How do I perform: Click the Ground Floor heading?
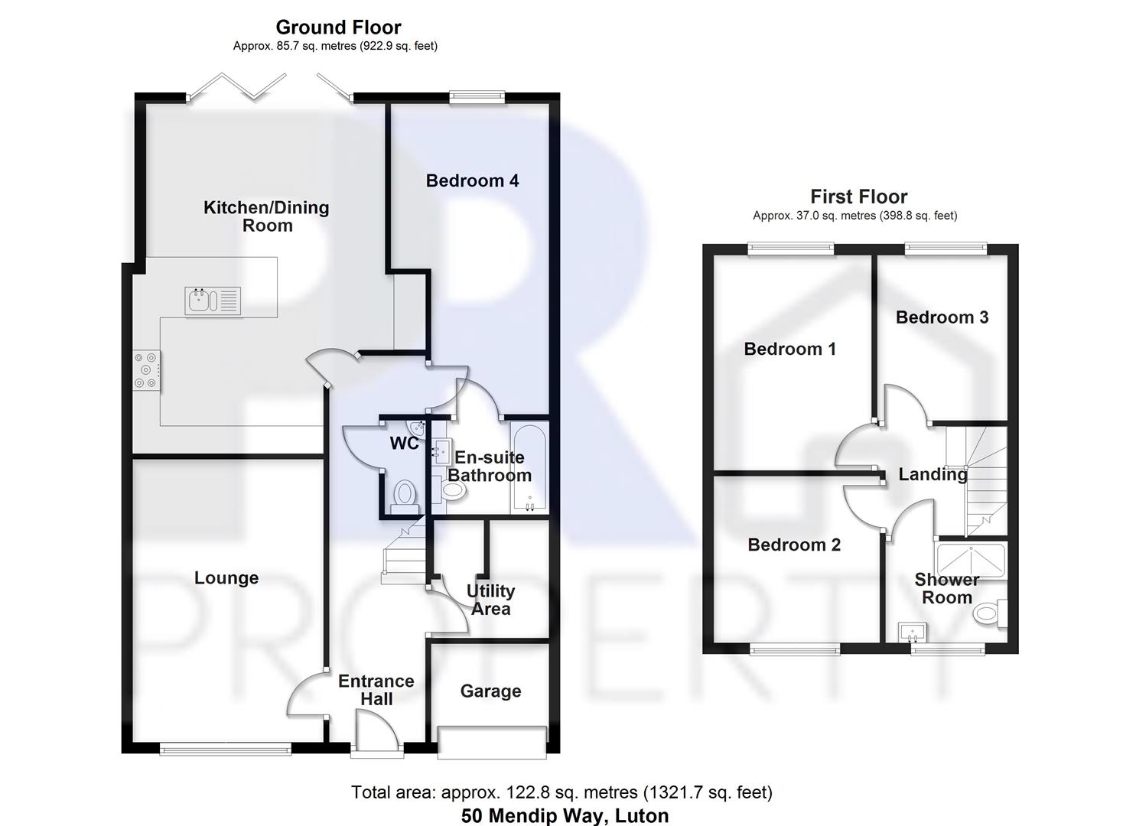tap(338, 28)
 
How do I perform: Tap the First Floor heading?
tap(858, 197)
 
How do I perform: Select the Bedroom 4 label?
tap(472, 181)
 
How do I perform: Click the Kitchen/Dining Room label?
tap(266, 216)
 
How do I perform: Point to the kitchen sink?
tap(213, 301)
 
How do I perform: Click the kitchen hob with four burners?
tap(146, 370)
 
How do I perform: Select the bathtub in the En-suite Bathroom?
tap(529, 468)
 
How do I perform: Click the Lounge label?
tap(226, 578)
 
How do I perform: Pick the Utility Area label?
tap(490, 600)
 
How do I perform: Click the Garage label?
tap(490, 691)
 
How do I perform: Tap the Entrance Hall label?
tap(376, 690)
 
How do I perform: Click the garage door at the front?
tap(492, 742)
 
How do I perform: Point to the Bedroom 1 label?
tap(789, 350)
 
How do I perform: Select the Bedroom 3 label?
tap(942, 317)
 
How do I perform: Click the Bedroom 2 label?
tap(794, 545)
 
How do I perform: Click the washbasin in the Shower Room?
tap(911, 633)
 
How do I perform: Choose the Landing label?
tap(933, 475)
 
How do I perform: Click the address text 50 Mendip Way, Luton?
tap(565, 816)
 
